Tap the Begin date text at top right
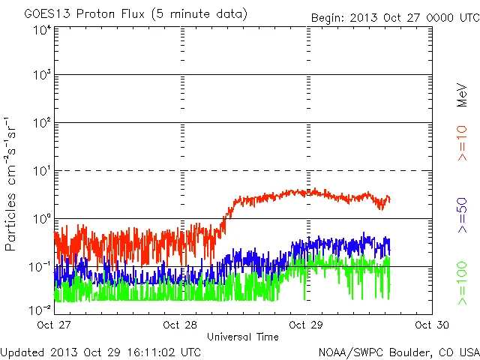[394, 17]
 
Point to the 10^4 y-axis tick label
[42, 30]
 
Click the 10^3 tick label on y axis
[42, 76]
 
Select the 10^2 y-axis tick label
[42, 123]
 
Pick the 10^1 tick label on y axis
[42, 171]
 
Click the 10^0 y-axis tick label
[42, 219]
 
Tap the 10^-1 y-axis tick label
[40, 267]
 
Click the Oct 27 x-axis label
[54, 325]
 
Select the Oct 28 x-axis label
[180, 325]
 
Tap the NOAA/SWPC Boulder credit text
[397, 350]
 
